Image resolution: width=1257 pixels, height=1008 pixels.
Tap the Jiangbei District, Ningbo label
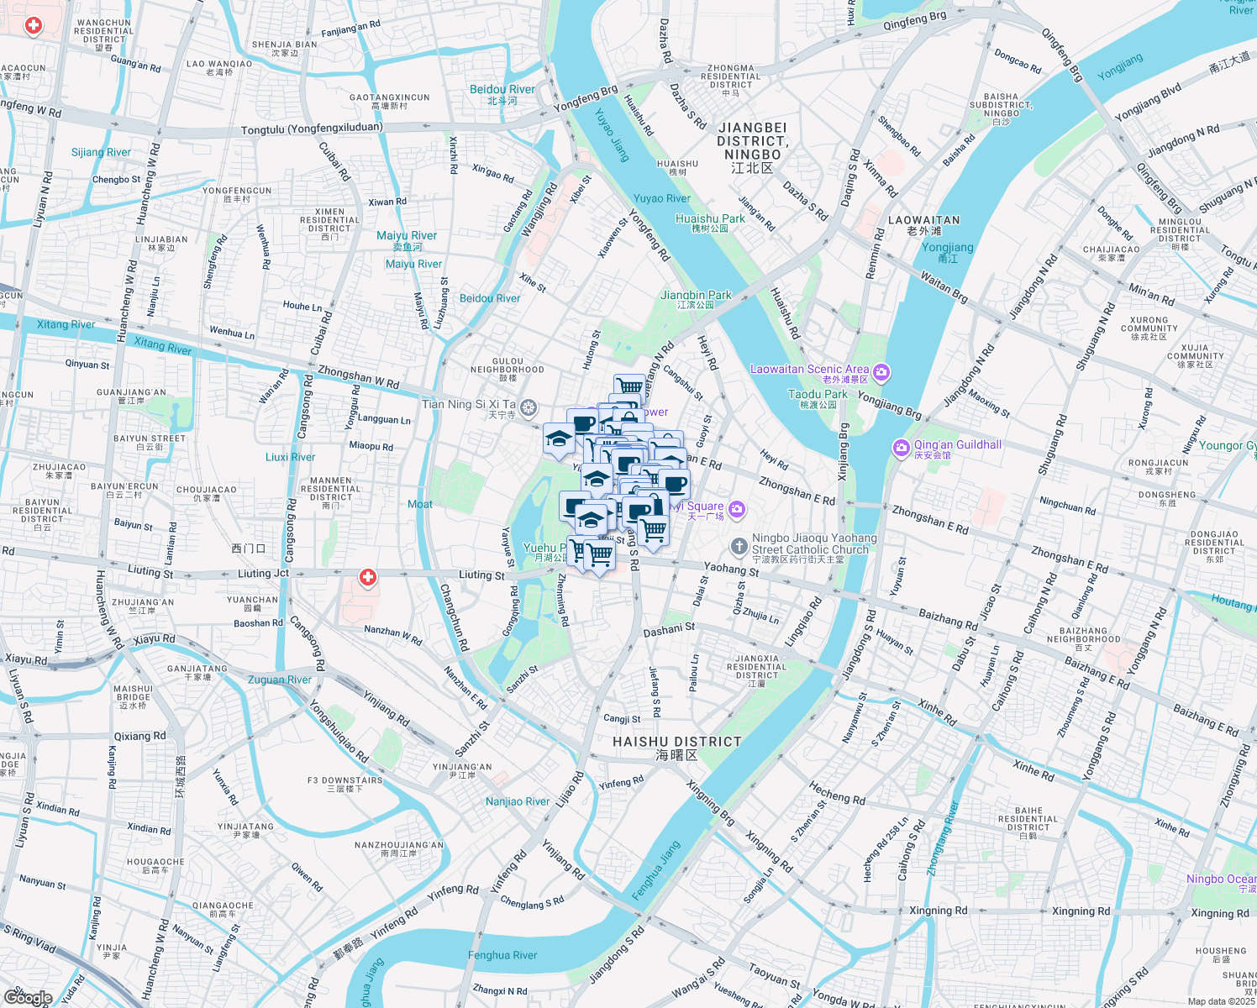[752, 141]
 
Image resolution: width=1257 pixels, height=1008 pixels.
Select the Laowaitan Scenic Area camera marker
[881, 371]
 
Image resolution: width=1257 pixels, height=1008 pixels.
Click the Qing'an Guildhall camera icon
[902, 447]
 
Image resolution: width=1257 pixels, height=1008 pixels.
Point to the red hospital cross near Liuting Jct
[367, 578]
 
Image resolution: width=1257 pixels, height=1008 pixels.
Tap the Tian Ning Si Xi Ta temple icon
[528, 408]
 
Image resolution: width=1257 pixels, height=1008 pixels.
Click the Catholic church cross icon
[739, 548]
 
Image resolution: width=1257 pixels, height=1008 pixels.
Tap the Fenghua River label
[502, 955]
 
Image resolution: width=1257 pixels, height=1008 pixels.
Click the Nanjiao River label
[518, 801]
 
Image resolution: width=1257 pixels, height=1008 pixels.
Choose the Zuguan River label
[280, 680]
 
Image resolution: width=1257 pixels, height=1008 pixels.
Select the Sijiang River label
[101, 152]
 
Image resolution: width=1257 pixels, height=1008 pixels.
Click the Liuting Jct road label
[263, 574]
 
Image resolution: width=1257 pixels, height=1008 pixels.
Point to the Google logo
[28, 997]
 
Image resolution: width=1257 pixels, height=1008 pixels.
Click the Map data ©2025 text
[1221, 1001]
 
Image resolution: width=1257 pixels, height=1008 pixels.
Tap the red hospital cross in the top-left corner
[34, 26]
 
